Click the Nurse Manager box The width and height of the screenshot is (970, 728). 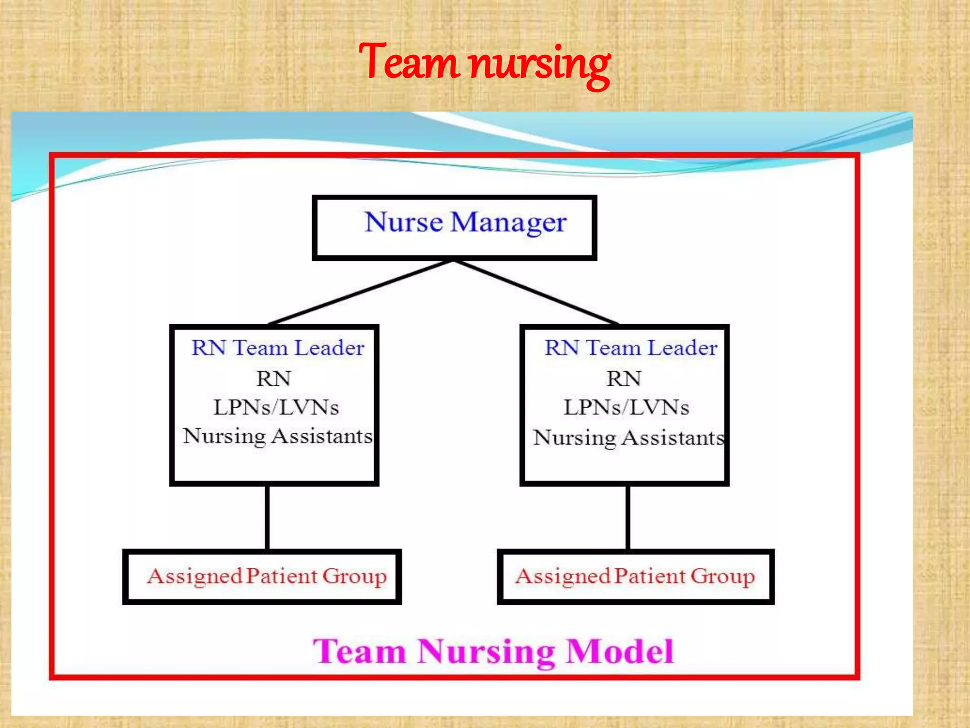click(x=454, y=227)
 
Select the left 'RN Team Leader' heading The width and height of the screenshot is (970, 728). click(x=278, y=348)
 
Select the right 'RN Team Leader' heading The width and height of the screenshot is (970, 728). click(x=630, y=348)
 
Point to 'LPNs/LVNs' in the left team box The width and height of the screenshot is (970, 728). click(x=276, y=408)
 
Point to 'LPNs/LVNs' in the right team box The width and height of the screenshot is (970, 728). click(x=626, y=408)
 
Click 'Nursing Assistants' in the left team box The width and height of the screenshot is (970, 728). click(x=278, y=437)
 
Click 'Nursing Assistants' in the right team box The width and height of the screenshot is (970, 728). click(x=629, y=438)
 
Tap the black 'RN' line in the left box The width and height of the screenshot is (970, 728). click(x=274, y=379)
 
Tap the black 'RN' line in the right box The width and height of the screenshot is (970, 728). click(x=624, y=379)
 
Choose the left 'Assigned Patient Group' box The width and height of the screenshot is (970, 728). click(x=262, y=576)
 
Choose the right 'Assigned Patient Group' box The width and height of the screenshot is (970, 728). click(x=635, y=576)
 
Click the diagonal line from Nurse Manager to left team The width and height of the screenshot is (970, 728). click(x=360, y=292)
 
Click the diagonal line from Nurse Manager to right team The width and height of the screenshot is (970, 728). click(x=535, y=292)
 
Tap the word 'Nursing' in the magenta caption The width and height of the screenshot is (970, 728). click(x=486, y=653)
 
